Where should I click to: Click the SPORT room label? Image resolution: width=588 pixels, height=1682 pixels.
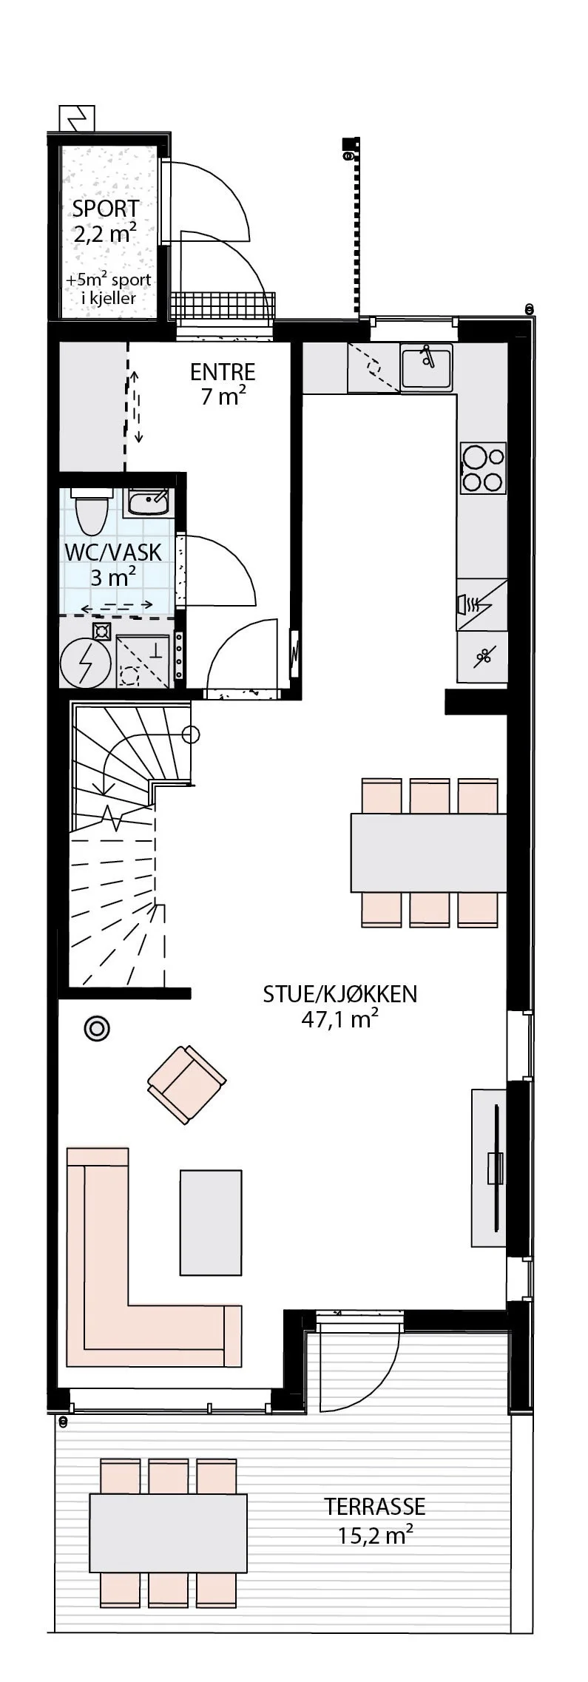[x=106, y=209]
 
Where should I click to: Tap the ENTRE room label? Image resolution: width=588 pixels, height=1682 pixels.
[x=223, y=371]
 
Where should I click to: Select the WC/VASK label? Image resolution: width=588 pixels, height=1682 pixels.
[x=113, y=553]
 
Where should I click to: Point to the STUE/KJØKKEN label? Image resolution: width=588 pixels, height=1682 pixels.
[x=340, y=994]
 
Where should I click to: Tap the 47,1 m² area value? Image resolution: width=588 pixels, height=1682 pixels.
[x=340, y=1020]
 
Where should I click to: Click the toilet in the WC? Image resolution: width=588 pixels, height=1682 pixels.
[x=92, y=511]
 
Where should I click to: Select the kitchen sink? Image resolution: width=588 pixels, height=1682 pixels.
[x=427, y=366]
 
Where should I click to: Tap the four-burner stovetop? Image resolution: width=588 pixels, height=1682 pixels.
[x=484, y=468]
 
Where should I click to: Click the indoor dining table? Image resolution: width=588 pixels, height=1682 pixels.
[x=428, y=852]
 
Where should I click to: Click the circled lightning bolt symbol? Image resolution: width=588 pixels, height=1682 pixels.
[x=86, y=663]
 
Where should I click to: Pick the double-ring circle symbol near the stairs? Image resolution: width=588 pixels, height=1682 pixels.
[x=97, y=1029]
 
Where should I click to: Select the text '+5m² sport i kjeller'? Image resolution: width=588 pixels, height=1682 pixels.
[x=108, y=289]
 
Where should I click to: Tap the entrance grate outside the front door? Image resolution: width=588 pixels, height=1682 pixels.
[x=223, y=305]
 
